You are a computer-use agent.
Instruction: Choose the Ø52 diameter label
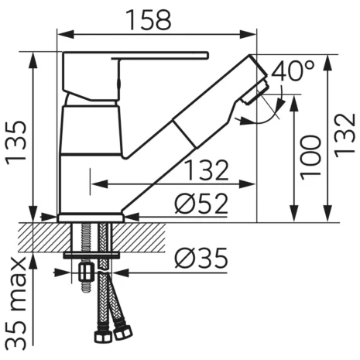point(200,204)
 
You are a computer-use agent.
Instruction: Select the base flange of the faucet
point(90,218)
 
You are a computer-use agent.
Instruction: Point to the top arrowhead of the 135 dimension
point(34,57)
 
